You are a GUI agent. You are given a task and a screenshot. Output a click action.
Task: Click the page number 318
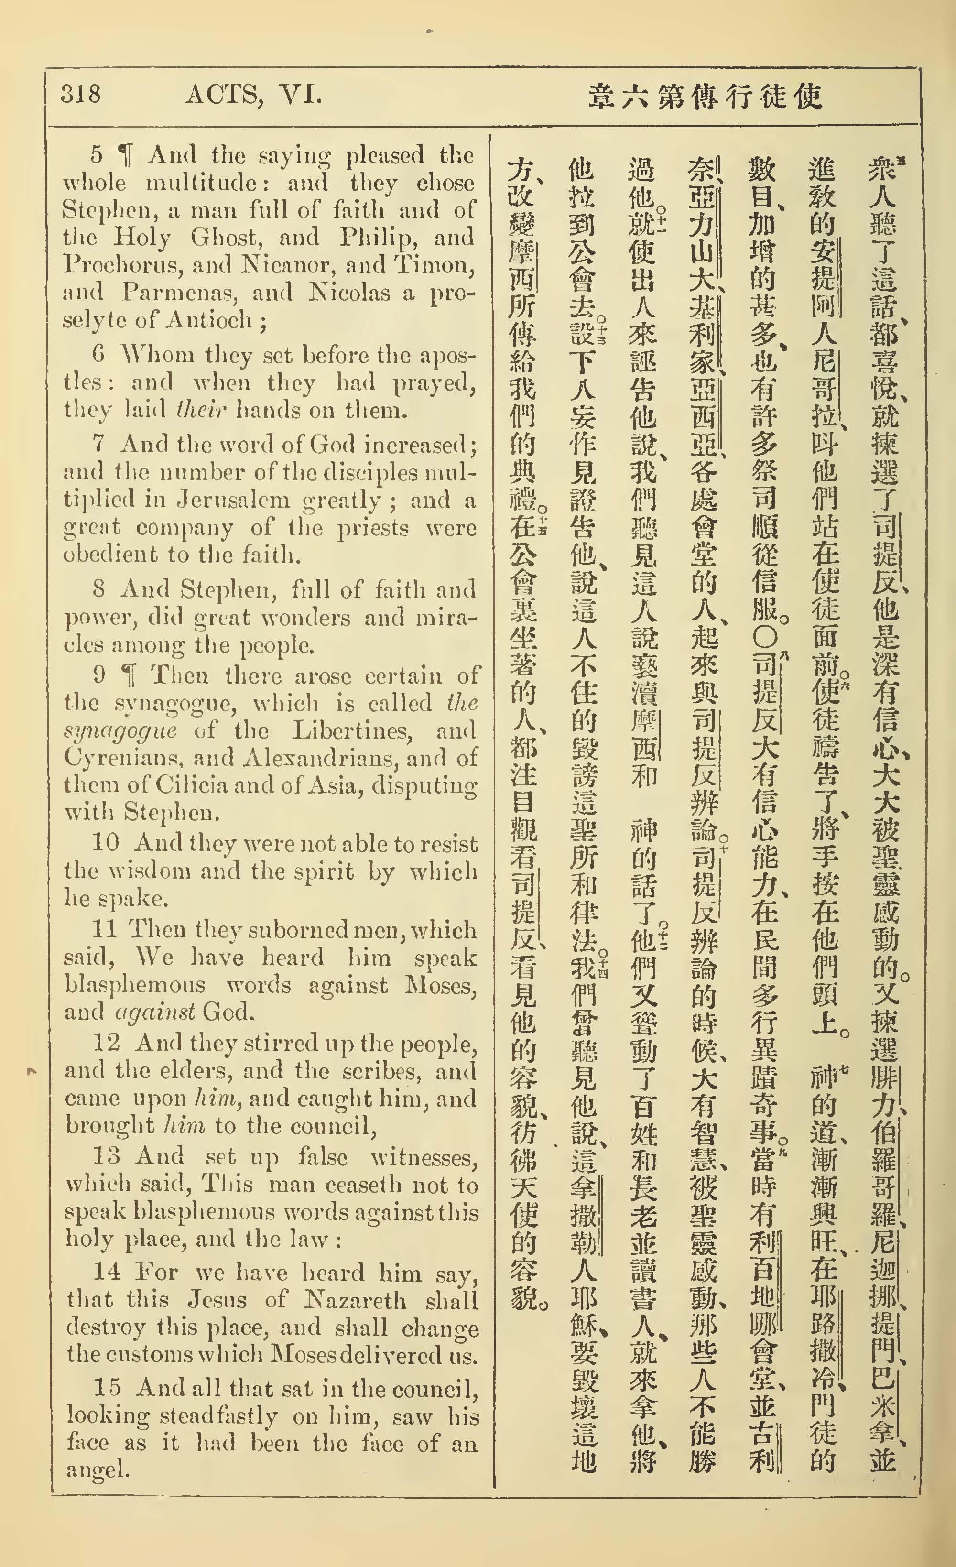pyautogui.click(x=81, y=94)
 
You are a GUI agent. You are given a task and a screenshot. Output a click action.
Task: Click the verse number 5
pyautogui.click(x=97, y=154)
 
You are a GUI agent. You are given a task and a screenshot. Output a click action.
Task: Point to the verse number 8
pyautogui.click(x=98, y=589)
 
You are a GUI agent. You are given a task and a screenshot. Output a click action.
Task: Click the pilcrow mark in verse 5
pyautogui.click(x=127, y=154)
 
